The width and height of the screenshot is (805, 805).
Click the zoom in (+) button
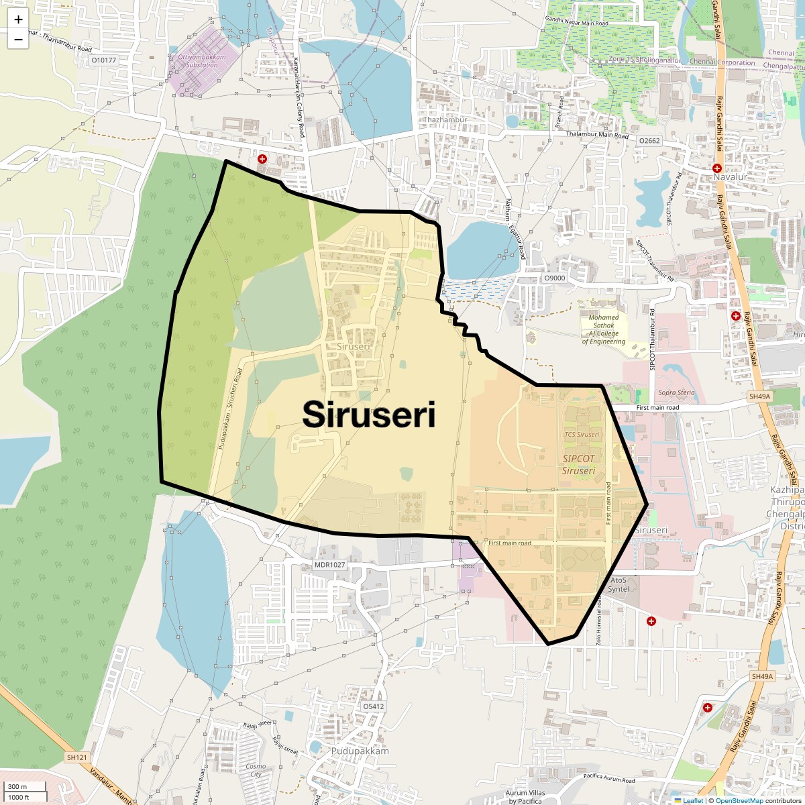[18, 19]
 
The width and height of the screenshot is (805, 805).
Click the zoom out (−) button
[18, 40]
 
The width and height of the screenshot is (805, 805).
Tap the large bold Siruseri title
[369, 415]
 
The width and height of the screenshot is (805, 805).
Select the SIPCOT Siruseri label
[578, 464]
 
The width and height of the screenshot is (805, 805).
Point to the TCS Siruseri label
[582, 434]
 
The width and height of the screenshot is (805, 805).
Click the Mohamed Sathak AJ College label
[604, 329]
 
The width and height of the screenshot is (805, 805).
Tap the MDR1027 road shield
[330, 565]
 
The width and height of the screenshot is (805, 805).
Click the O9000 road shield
[555, 278]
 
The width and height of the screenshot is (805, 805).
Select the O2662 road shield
[649, 141]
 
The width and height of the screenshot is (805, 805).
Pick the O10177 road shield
[103, 60]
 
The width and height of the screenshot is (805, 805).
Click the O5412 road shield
[374, 706]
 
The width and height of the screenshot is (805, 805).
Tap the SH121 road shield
[77, 757]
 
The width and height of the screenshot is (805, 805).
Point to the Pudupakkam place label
[360, 751]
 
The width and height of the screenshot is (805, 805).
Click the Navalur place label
[730, 176]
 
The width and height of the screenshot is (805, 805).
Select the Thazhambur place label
[445, 120]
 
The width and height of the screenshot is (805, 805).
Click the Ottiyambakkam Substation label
[202, 61]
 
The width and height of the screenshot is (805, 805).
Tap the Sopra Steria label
[676, 392]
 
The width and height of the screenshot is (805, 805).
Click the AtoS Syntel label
[619, 584]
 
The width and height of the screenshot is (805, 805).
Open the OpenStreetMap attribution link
[739, 800]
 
